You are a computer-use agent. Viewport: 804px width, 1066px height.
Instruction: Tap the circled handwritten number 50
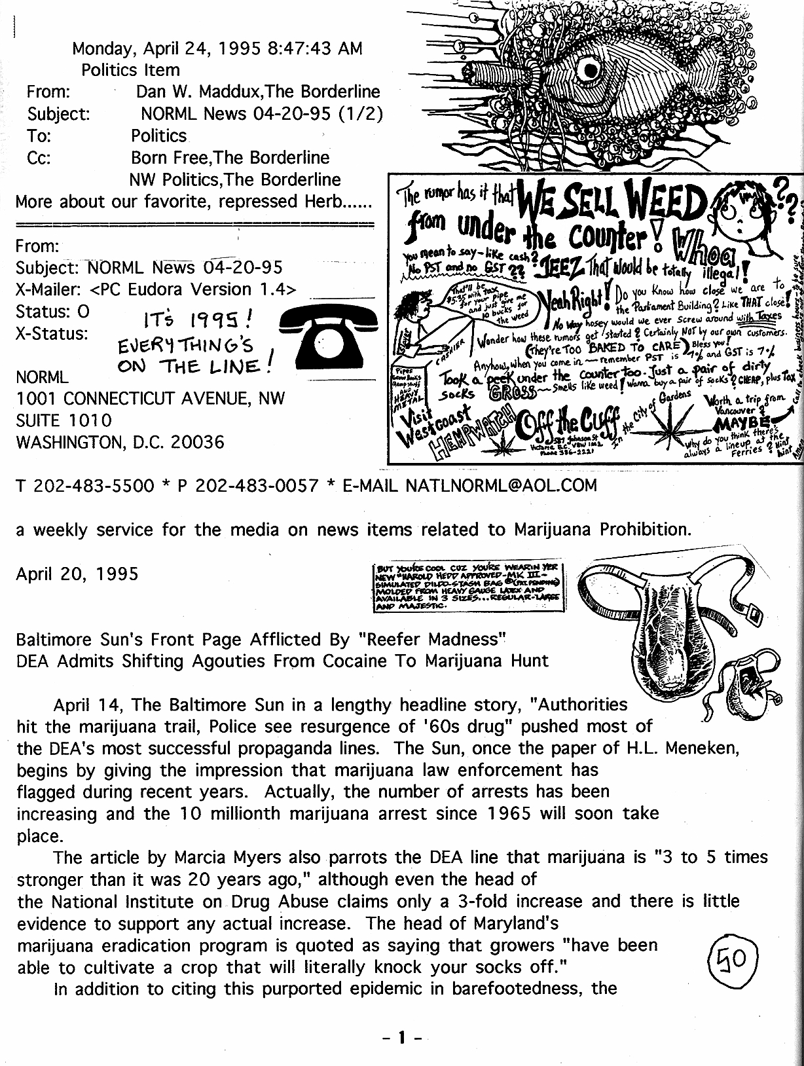tap(733, 958)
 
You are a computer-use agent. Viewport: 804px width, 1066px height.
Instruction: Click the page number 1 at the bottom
tap(402, 1037)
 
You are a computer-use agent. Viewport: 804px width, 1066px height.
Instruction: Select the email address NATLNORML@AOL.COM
tap(502, 485)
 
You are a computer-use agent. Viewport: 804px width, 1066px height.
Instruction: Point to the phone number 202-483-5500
tap(94, 485)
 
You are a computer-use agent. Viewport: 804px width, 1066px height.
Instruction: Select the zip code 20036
tap(198, 442)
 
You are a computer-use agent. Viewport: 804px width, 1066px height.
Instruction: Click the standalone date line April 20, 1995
tap(77, 574)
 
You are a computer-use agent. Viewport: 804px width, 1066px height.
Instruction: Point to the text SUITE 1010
tap(64, 420)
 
